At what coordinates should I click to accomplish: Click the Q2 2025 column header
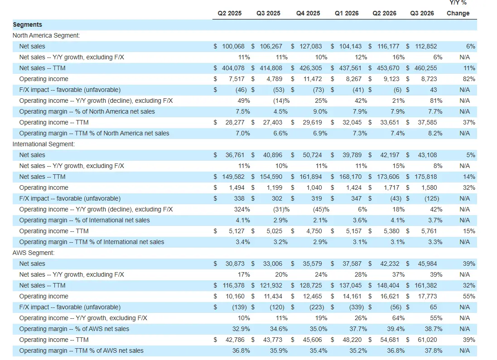(230, 13)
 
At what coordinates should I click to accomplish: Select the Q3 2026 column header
(422, 13)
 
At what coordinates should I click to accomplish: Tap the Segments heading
(27, 25)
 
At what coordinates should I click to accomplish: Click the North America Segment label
(46, 35)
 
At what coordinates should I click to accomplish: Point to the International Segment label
(44, 144)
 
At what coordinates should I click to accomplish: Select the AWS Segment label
(34, 253)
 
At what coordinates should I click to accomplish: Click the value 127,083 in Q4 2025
(311, 46)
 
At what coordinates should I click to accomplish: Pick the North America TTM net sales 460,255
(426, 68)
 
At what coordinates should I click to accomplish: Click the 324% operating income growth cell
(242, 210)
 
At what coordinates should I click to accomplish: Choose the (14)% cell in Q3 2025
(281, 101)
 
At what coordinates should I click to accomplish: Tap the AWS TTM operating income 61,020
(427, 340)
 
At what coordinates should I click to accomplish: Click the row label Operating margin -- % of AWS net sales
(74, 329)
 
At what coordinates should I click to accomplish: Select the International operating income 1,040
(314, 187)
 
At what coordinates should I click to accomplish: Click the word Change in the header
(458, 13)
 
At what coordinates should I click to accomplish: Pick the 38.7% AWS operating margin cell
(434, 329)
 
